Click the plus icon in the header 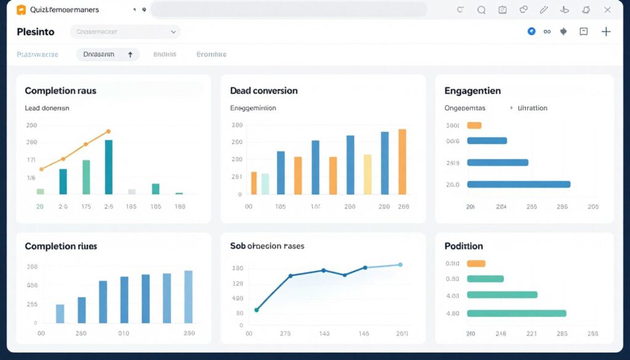click(606, 31)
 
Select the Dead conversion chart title click(263, 90)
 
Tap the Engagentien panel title click(472, 90)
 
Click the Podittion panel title click(463, 246)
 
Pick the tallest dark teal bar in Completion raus click(109, 166)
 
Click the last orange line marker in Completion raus click(108, 131)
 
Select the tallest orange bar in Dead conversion click(402, 161)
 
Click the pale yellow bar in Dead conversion click(367, 174)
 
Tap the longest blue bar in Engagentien click(518, 184)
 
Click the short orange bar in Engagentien click(474, 126)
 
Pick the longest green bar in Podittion click(516, 313)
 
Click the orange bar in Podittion click(476, 263)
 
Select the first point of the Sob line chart click(257, 310)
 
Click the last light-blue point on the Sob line click(400, 265)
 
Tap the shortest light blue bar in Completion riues click(60, 313)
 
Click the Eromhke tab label click(211, 54)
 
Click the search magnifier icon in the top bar click(481, 10)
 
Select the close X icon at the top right click(608, 10)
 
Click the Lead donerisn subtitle click(47, 108)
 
